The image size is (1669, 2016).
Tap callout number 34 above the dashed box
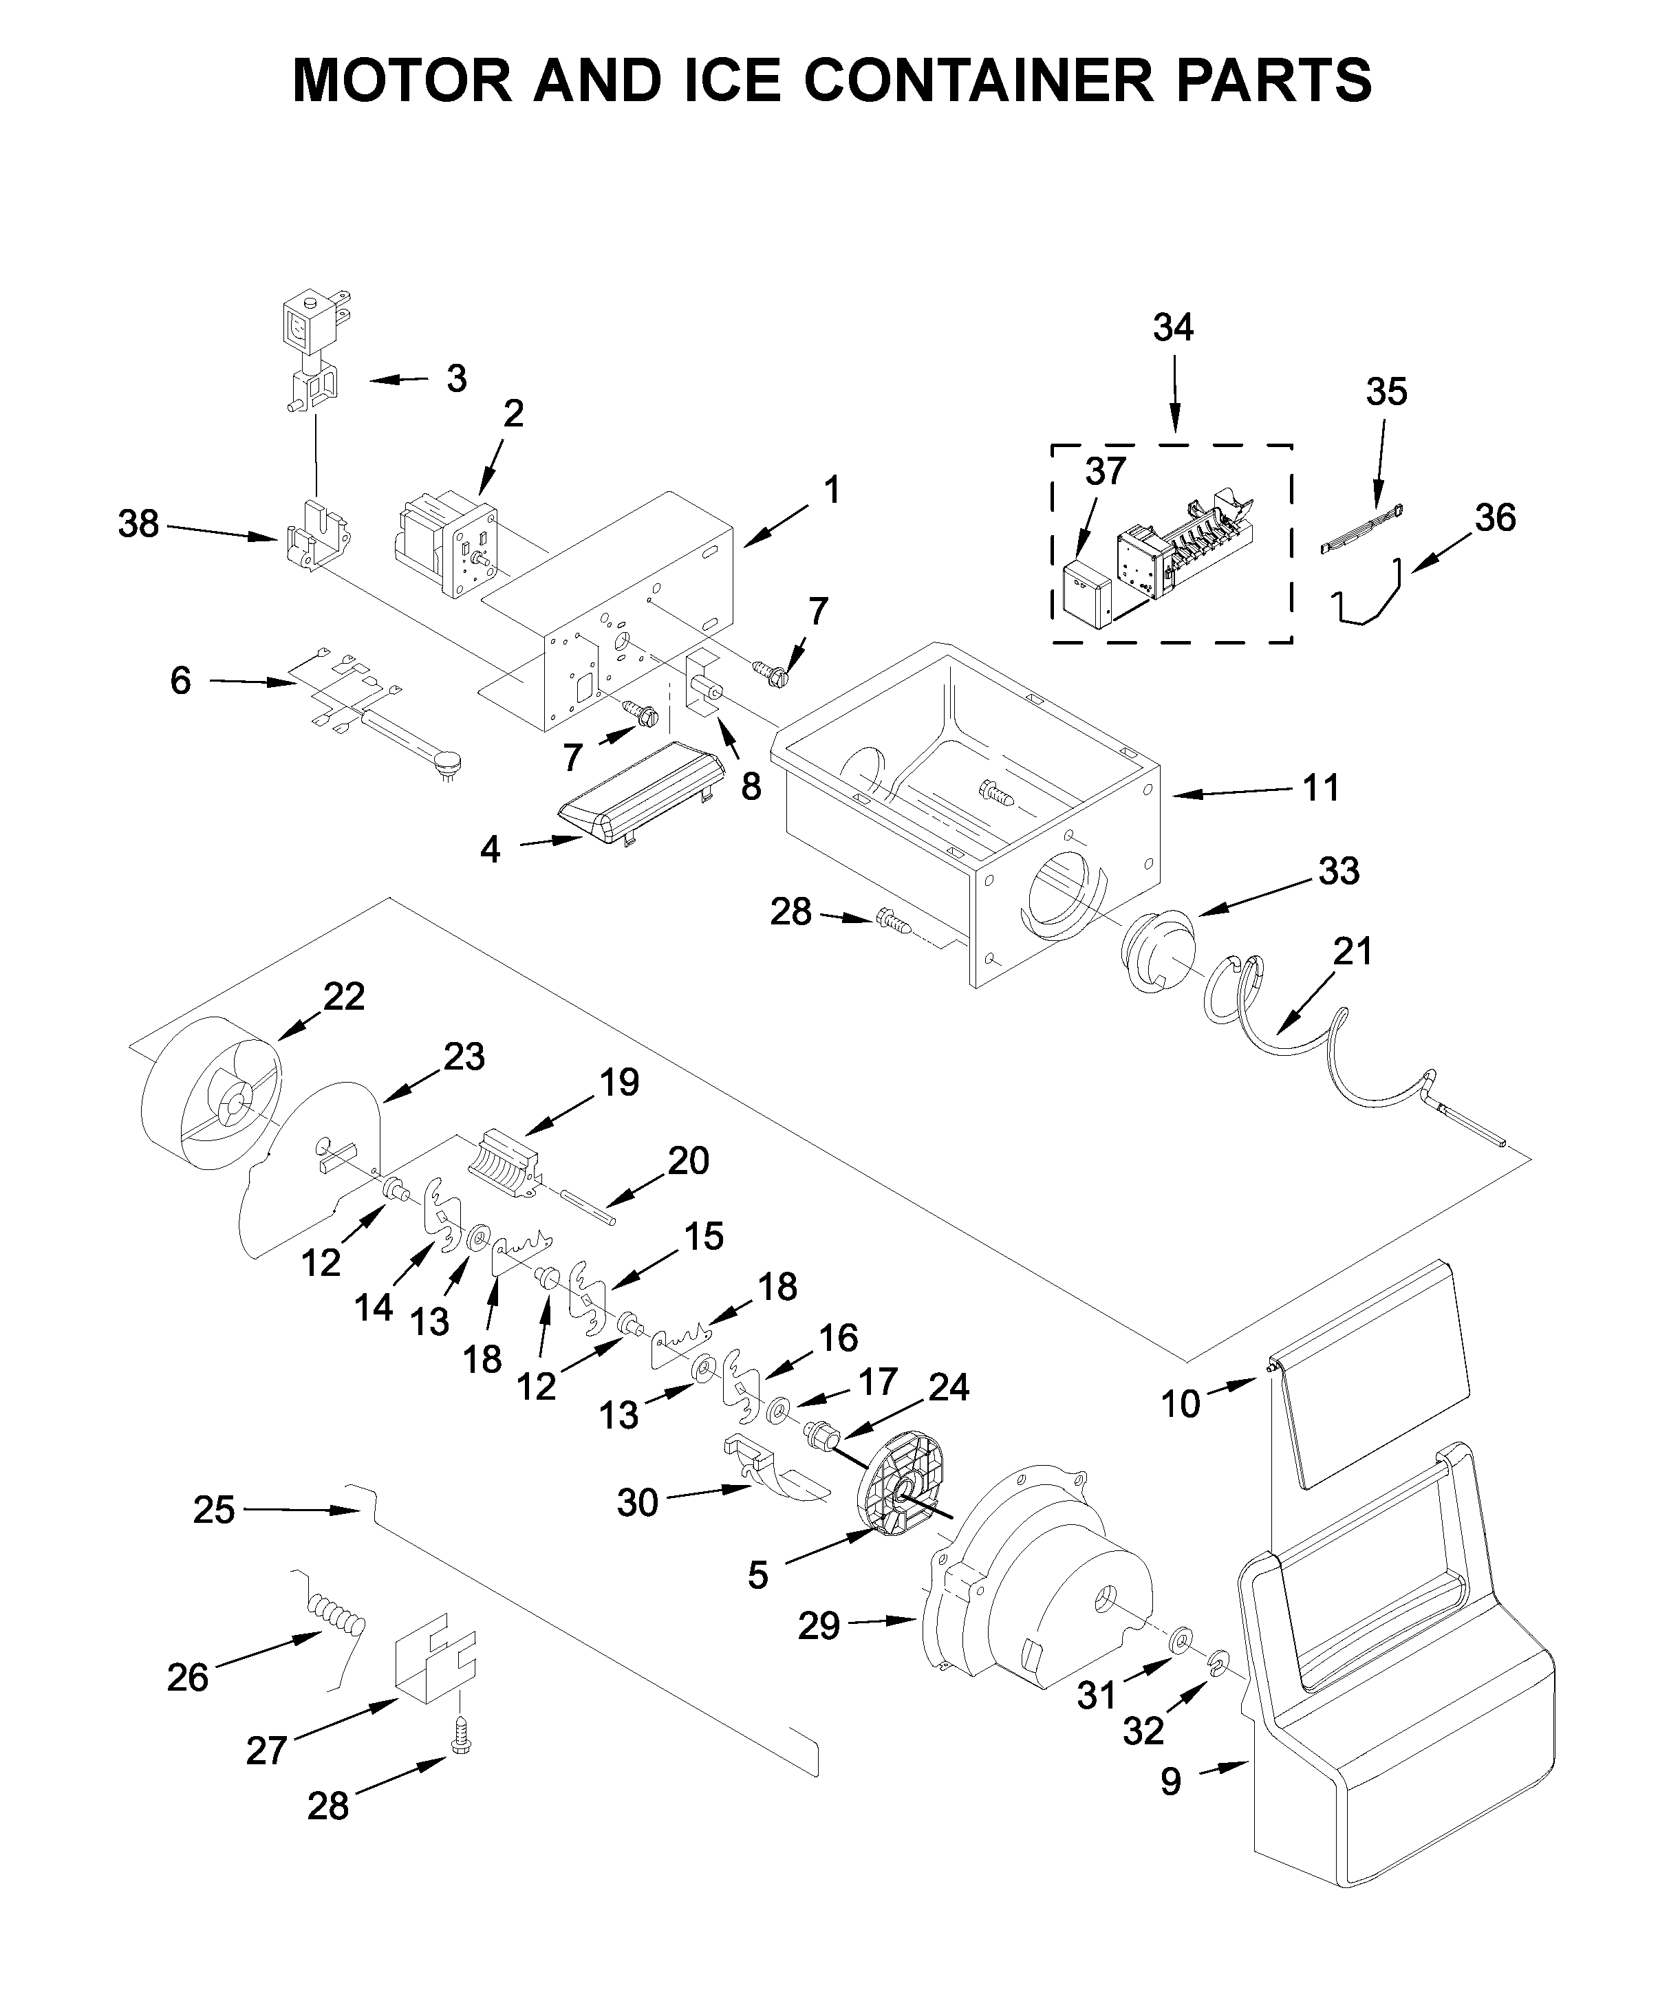click(1172, 328)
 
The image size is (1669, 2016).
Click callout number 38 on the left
click(138, 524)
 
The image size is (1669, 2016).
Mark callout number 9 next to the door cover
click(1170, 1781)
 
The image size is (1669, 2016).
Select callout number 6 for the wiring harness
click(180, 681)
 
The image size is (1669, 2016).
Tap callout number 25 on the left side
click(213, 1509)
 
